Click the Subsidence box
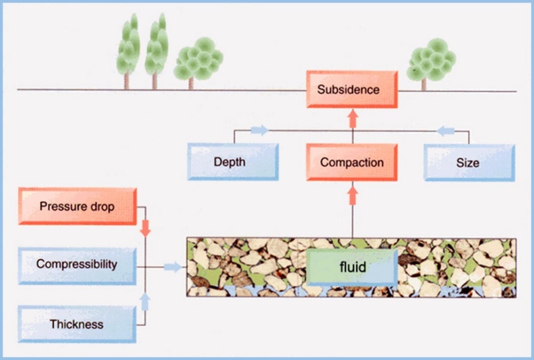point(352,90)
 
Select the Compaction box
point(352,162)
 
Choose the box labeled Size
point(470,162)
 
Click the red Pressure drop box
point(77,206)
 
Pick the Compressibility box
point(77,265)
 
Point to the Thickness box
point(77,324)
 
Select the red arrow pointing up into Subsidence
point(352,117)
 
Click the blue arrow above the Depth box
point(259,130)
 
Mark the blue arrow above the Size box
point(446,130)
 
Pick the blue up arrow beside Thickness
point(146,301)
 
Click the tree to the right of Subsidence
point(431,59)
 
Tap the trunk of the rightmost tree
point(423,84)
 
